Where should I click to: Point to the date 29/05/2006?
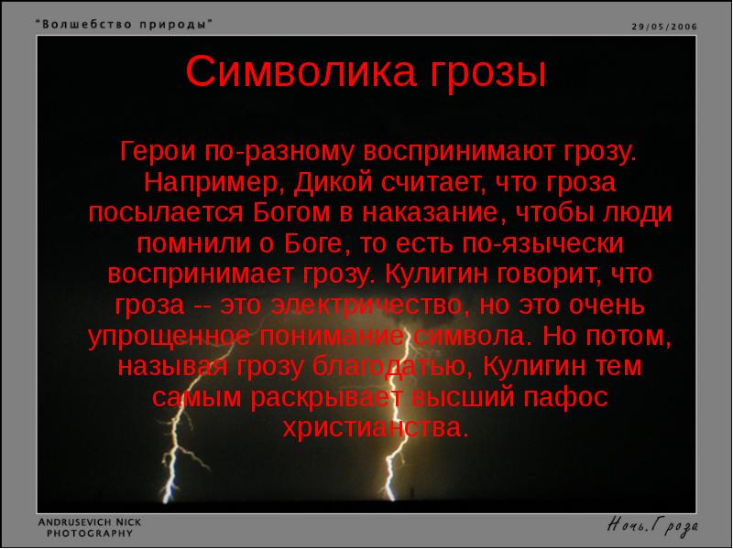663,27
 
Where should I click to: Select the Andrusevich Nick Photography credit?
89,526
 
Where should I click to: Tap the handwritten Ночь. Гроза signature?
653,525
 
